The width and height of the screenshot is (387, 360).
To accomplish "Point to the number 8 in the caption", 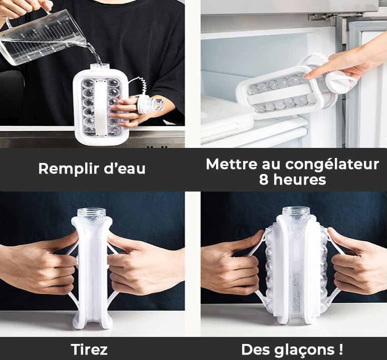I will (x=264, y=180).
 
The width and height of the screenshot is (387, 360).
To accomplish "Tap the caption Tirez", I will (x=89, y=349).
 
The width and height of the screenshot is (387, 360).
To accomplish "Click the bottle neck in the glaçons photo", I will (x=295, y=213).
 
